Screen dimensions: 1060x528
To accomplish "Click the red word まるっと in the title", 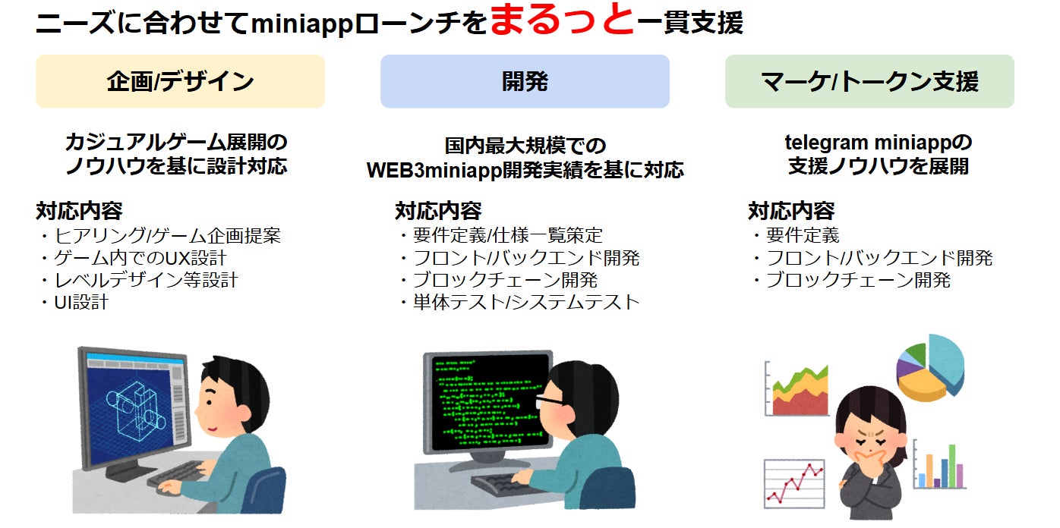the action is (562, 20).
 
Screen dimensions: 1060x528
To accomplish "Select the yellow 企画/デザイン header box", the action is (180, 81).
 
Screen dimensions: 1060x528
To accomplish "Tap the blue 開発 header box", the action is (525, 81).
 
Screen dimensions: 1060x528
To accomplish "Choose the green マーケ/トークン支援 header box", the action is (869, 81).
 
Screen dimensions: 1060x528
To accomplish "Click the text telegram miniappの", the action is (879, 143).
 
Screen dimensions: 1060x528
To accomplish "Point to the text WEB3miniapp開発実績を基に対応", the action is (525, 170).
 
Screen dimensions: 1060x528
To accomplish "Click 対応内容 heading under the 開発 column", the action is (438, 211).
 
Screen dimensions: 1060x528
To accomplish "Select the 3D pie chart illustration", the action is (930, 367).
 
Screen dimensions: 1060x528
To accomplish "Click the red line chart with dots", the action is (794, 483).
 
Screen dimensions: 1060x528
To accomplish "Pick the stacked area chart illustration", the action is (797, 388).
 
